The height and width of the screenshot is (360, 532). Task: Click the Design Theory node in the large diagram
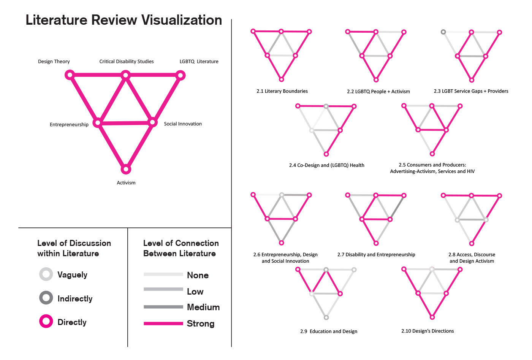(x=70, y=75)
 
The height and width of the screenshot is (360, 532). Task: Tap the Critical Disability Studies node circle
(x=126, y=75)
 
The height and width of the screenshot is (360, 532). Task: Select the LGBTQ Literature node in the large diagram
(x=181, y=75)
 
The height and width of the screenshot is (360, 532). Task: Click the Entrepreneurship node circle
(x=98, y=122)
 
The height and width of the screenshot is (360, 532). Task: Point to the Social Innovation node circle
(x=152, y=122)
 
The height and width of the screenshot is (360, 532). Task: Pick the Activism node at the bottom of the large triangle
(x=126, y=169)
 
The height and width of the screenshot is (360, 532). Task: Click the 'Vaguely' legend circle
(x=46, y=274)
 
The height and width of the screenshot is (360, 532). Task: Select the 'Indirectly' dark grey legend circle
(x=46, y=298)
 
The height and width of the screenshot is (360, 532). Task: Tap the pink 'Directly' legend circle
(x=46, y=321)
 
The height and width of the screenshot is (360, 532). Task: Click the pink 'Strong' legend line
(x=163, y=324)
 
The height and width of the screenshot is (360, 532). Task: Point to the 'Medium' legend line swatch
(x=163, y=307)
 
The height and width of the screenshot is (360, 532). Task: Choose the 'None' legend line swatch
(x=163, y=274)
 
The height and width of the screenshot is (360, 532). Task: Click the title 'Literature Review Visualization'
(x=123, y=20)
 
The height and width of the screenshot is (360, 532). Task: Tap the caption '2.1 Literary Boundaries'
(x=282, y=91)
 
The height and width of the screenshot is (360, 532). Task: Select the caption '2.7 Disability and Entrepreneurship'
(x=376, y=255)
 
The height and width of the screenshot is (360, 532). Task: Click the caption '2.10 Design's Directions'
(x=427, y=331)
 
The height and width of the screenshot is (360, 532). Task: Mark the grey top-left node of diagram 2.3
(x=443, y=32)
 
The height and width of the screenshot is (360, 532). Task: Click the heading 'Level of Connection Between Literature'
(x=180, y=248)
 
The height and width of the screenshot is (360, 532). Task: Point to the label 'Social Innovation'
(x=183, y=124)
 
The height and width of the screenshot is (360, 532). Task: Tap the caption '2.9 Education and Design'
(x=329, y=331)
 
